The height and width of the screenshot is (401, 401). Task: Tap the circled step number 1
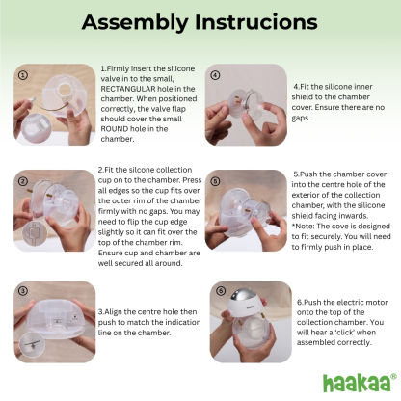23,74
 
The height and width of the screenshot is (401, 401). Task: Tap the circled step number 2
23,181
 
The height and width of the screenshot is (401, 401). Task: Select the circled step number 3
23,290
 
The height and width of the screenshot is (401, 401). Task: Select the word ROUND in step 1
119,129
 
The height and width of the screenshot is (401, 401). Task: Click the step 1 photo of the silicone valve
55,104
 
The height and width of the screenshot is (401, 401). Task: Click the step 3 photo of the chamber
55,320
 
